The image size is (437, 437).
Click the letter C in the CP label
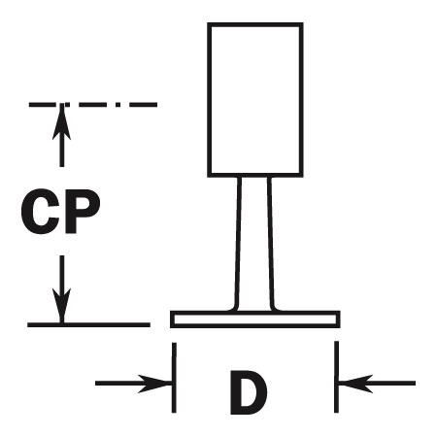pyautogui.click(x=41, y=212)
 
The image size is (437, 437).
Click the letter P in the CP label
pyautogui.click(x=83, y=212)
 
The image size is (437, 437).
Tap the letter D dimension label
pyautogui.click(x=249, y=392)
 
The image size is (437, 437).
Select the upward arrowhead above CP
pyautogui.click(x=61, y=121)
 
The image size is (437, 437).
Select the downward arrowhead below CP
pyautogui.click(x=61, y=306)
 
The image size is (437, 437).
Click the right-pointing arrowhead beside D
pyautogui.click(x=154, y=384)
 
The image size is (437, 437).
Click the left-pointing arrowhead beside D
pyautogui.click(x=355, y=384)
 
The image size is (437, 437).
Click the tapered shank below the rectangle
pyautogui.click(x=254, y=244)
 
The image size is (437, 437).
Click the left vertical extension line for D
pyautogui.click(x=174, y=378)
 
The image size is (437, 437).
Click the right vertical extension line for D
pyautogui.click(x=336, y=377)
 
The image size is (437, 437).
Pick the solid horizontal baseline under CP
pyautogui.click(x=88, y=324)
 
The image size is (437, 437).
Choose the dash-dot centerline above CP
pyautogui.click(x=93, y=105)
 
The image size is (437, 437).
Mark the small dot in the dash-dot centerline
pyautogui.click(x=118, y=105)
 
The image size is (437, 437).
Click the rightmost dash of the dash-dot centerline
pyautogui.click(x=144, y=105)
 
